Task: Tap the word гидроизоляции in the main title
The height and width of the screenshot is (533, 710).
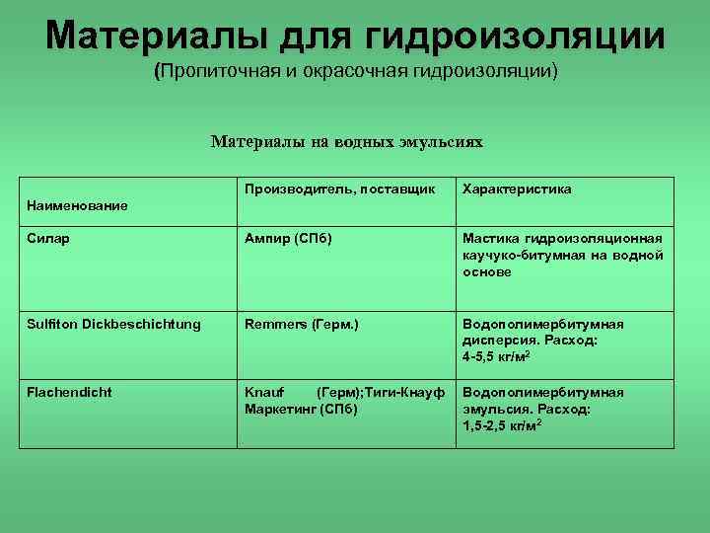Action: (515, 37)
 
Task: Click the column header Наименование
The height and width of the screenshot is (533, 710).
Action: (78, 205)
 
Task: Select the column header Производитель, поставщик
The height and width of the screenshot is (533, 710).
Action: (339, 189)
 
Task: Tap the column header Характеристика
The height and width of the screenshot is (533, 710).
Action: (517, 189)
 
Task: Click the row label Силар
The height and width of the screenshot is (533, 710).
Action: (48, 239)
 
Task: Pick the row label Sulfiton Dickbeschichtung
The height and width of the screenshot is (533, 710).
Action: (113, 324)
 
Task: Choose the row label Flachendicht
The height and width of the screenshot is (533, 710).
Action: (69, 392)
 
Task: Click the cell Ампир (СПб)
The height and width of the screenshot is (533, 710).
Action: (288, 239)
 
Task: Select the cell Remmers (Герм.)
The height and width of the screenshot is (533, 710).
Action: (301, 324)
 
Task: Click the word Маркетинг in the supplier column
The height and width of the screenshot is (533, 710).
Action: (281, 408)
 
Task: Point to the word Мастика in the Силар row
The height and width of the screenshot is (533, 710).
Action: (491, 239)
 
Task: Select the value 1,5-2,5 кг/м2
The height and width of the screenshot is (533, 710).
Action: (502, 424)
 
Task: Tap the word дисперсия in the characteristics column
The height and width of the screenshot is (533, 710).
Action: (498, 340)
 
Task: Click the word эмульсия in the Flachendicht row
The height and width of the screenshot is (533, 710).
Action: (495, 408)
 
